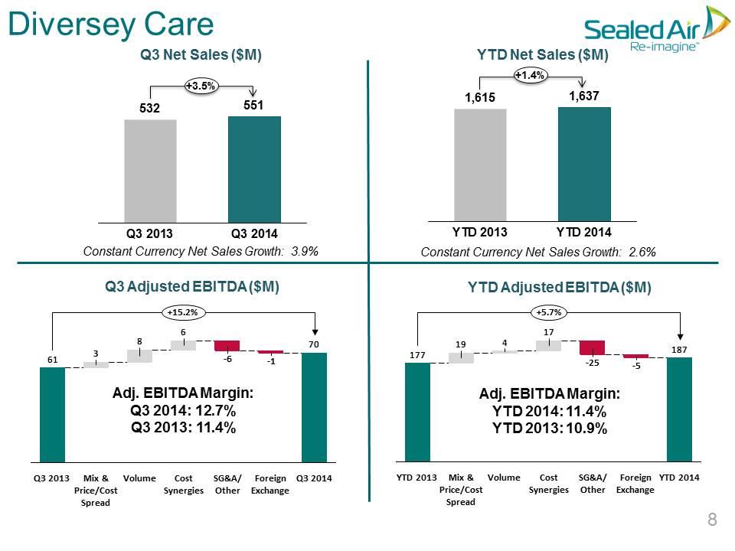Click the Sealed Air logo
(657, 29)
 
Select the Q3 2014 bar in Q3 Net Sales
(254, 170)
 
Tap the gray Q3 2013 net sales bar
(151, 171)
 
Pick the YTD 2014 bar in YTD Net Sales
(584, 164)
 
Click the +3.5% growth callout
(201, 86)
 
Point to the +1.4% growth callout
(530, 75)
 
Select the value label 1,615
(479, 97)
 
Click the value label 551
(253, 105)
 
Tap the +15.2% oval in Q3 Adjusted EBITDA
(183, 312)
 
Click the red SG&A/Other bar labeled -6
(227, 346)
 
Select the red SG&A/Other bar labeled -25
(592, 347)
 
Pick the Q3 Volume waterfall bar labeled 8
(139, 356)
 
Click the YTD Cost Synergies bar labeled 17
(548, 346)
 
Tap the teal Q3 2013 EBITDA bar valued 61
(53, 415)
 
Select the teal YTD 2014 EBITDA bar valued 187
(679, 409)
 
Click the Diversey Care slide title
(111, 24)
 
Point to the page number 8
(712, 519)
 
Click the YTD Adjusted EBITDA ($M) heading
(559, 287)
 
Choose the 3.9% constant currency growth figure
(305, 252)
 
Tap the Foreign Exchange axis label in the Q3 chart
(270, 484)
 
